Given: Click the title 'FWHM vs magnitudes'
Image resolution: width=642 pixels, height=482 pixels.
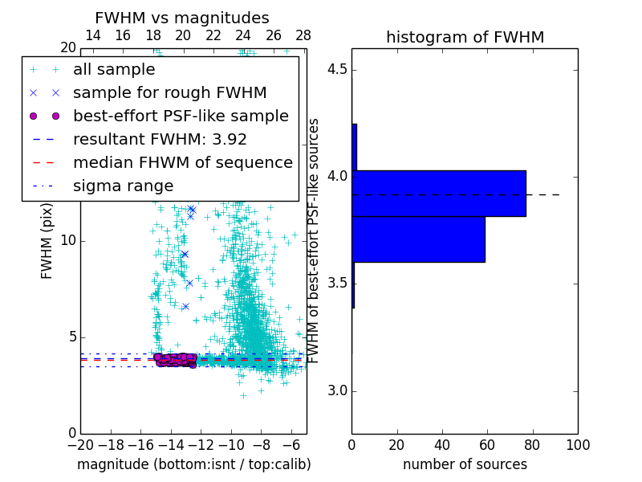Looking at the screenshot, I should point(181,18).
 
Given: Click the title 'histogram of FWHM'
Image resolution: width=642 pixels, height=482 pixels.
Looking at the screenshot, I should point(465,37).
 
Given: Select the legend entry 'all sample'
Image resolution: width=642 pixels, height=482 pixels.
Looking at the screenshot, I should point(114,70).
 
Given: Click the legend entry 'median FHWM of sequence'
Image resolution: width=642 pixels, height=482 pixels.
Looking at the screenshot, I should point(182,162).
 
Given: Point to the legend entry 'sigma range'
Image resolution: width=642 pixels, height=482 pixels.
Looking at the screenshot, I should point(123,186).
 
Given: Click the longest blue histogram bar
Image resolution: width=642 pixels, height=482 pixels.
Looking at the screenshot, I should point(438,193).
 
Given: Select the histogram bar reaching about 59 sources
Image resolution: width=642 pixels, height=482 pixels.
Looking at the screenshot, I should point(418,239).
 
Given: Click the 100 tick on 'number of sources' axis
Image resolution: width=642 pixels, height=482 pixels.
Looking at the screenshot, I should point(578,445).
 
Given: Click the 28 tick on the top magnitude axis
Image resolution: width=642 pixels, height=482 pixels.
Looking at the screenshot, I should point(303,35).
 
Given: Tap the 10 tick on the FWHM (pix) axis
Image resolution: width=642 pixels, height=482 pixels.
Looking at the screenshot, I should point(67,241).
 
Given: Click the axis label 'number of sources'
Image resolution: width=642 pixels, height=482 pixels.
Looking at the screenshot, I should point(465,464).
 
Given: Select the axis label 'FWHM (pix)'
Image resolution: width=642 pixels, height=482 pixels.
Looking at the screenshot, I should point(47,241).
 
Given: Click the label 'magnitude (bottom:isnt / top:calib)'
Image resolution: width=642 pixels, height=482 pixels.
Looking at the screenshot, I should point(193,464).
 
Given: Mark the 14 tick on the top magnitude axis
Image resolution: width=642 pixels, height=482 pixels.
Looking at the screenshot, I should point(92,35).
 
